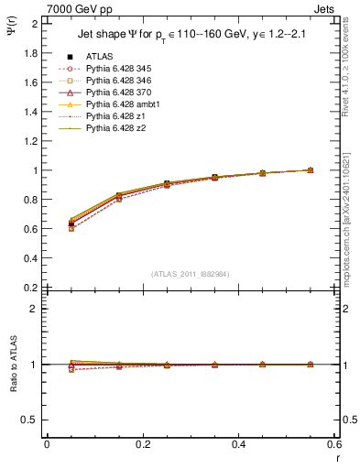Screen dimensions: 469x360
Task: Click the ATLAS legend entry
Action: (x=99, y=57)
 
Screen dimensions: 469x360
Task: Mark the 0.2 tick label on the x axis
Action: (x=142, y=444)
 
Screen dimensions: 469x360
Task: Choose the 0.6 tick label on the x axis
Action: (x=333, y=444)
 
